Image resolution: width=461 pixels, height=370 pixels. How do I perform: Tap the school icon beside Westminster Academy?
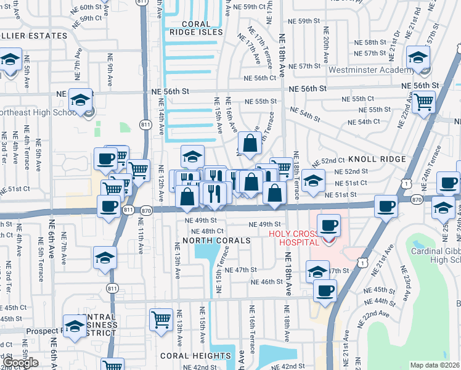(x=418, y=57)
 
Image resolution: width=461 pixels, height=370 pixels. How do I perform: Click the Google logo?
(x=20, y=363)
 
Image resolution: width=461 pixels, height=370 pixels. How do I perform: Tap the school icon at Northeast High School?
(x=80, y=101)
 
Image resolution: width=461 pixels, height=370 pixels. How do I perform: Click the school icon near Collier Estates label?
(x=10, y=60)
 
